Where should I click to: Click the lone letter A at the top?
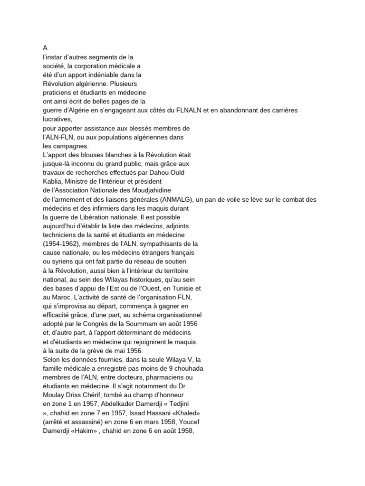(45, 48)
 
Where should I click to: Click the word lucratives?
(57, 120)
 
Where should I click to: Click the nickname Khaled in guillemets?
(183, 412)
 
